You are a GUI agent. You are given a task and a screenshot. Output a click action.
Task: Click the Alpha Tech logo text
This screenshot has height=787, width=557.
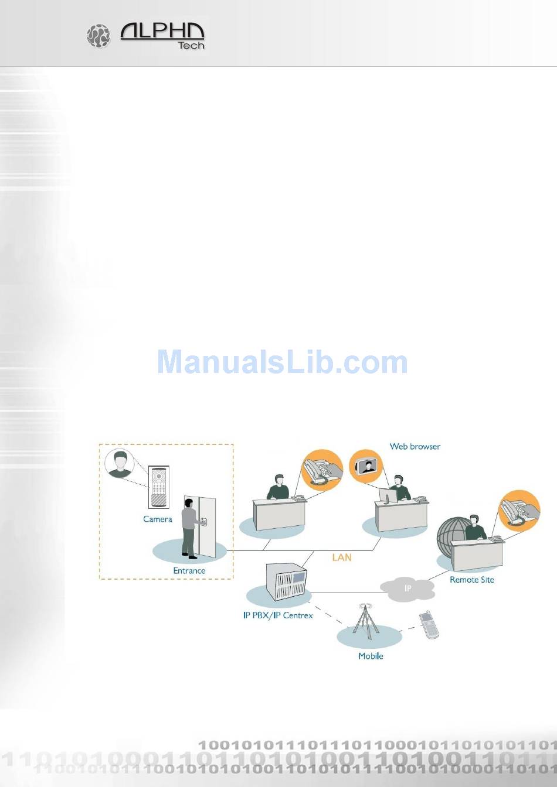(x=162, y=35)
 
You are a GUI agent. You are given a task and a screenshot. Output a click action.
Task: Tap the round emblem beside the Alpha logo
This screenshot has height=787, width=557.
(x=99, y=36)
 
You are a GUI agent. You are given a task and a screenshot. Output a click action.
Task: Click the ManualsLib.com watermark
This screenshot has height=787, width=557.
(x=282, y=362)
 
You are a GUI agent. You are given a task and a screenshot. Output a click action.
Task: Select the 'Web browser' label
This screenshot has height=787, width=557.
(x=415, y=446)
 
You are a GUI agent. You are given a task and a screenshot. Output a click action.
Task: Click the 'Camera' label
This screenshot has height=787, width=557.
(x=158, y=519)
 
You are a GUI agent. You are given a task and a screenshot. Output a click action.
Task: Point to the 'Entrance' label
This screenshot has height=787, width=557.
(x=189, y=570)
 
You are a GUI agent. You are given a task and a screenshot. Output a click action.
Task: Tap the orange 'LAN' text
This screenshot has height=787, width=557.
(x=342, y=557)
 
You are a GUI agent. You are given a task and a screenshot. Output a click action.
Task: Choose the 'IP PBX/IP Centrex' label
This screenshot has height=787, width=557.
(x=278, y=615)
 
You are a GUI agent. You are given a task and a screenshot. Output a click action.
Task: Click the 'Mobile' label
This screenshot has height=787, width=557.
(x=371, y=656)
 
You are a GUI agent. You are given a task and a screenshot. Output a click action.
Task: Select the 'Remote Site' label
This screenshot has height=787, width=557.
(x=471, y=580)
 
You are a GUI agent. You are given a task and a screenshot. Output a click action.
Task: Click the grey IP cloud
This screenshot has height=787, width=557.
(x=408, y=588)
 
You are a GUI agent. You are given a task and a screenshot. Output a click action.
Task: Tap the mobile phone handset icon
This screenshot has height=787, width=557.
(x=429, y=625)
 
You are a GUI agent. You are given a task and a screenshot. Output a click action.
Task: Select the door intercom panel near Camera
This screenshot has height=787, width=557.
(x=158, y=487)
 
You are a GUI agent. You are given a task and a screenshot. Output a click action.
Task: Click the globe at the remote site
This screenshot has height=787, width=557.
(x=454, y=535)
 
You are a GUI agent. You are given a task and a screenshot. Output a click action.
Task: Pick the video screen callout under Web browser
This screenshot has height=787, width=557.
(x=365, y=466)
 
